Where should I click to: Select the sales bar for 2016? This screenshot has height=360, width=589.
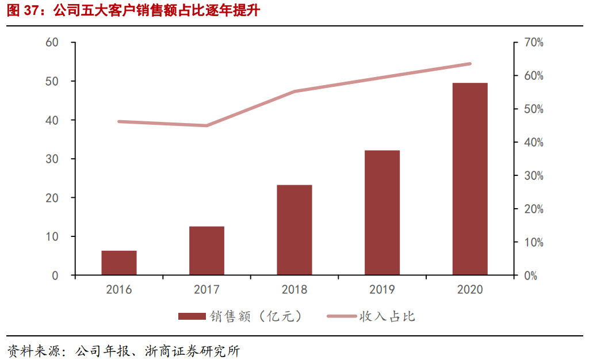[x=119, y=263]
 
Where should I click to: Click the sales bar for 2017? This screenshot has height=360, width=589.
[x=206, y=251]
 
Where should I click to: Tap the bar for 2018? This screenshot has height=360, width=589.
[x=294, y=230]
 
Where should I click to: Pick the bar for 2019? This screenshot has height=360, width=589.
[x=382, y=213]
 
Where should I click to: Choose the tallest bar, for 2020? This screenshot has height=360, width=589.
[x=470, y=179]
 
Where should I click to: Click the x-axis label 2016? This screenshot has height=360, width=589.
[x=119, y=289]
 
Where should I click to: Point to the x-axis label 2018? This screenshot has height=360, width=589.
[x=294, y=289]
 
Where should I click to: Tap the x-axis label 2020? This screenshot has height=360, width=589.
[x=470, y=289]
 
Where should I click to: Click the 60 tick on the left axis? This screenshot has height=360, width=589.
[x=52, y=43]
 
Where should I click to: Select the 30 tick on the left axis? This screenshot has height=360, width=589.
[x=52, y=159]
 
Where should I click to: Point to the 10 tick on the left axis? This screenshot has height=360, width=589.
[x=52, y=237]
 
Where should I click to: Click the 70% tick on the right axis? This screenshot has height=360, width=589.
[x=533, y=43]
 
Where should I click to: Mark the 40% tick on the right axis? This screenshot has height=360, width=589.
[x=533, y=143]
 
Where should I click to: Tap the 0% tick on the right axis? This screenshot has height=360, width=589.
[x=530, y=275]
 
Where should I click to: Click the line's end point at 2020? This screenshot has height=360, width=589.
[x=469, y=64]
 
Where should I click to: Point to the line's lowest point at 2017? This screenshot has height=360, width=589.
[x=206, y=125]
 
